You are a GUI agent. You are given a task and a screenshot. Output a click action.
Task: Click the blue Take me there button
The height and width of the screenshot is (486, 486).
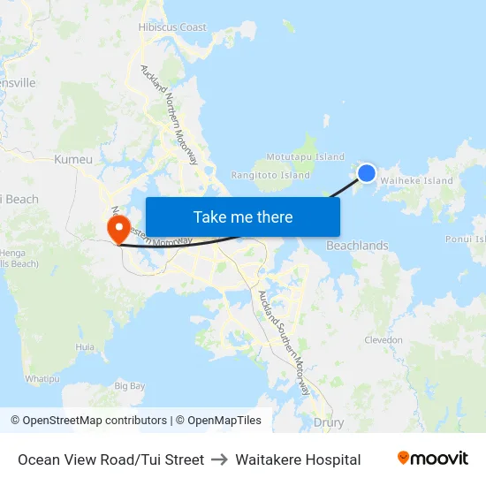(x=243, y=216)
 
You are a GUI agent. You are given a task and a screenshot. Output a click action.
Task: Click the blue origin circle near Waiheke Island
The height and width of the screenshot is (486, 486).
(x=367, y=173)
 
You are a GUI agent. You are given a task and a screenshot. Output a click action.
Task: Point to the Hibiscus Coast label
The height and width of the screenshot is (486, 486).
(x=172, y=27)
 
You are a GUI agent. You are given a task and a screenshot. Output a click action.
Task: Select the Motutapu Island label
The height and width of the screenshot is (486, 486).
(x=305, y=157)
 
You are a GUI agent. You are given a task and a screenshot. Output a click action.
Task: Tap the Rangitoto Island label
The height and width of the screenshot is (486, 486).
(x=270, y=176)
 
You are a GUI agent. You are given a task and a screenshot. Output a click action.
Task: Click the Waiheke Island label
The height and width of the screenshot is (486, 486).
(x=416, y=181)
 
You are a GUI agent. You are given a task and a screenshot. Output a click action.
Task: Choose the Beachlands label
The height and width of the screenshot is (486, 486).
(x=357, y=246)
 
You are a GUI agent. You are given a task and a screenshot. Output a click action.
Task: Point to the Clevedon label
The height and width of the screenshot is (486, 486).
(x=383, y=340)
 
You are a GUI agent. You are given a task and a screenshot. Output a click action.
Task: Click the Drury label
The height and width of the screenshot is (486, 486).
(x=329, y=422)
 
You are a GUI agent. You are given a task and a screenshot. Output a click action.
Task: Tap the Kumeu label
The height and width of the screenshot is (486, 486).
(x=73, y=160)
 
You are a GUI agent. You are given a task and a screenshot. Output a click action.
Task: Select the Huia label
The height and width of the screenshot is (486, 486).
(x=85, y=348)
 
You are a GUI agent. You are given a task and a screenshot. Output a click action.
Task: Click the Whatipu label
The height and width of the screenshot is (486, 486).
(x=42, y=378)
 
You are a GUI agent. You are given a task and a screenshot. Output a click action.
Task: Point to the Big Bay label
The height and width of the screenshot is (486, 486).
(x=130, y=386)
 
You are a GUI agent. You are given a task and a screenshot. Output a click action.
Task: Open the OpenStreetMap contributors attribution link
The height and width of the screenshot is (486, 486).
(x=95, y=421)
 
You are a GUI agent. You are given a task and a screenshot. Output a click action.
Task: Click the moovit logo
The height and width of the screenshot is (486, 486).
(x=433, y=459)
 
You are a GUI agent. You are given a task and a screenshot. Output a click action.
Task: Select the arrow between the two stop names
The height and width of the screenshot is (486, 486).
(x=220, y=459)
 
